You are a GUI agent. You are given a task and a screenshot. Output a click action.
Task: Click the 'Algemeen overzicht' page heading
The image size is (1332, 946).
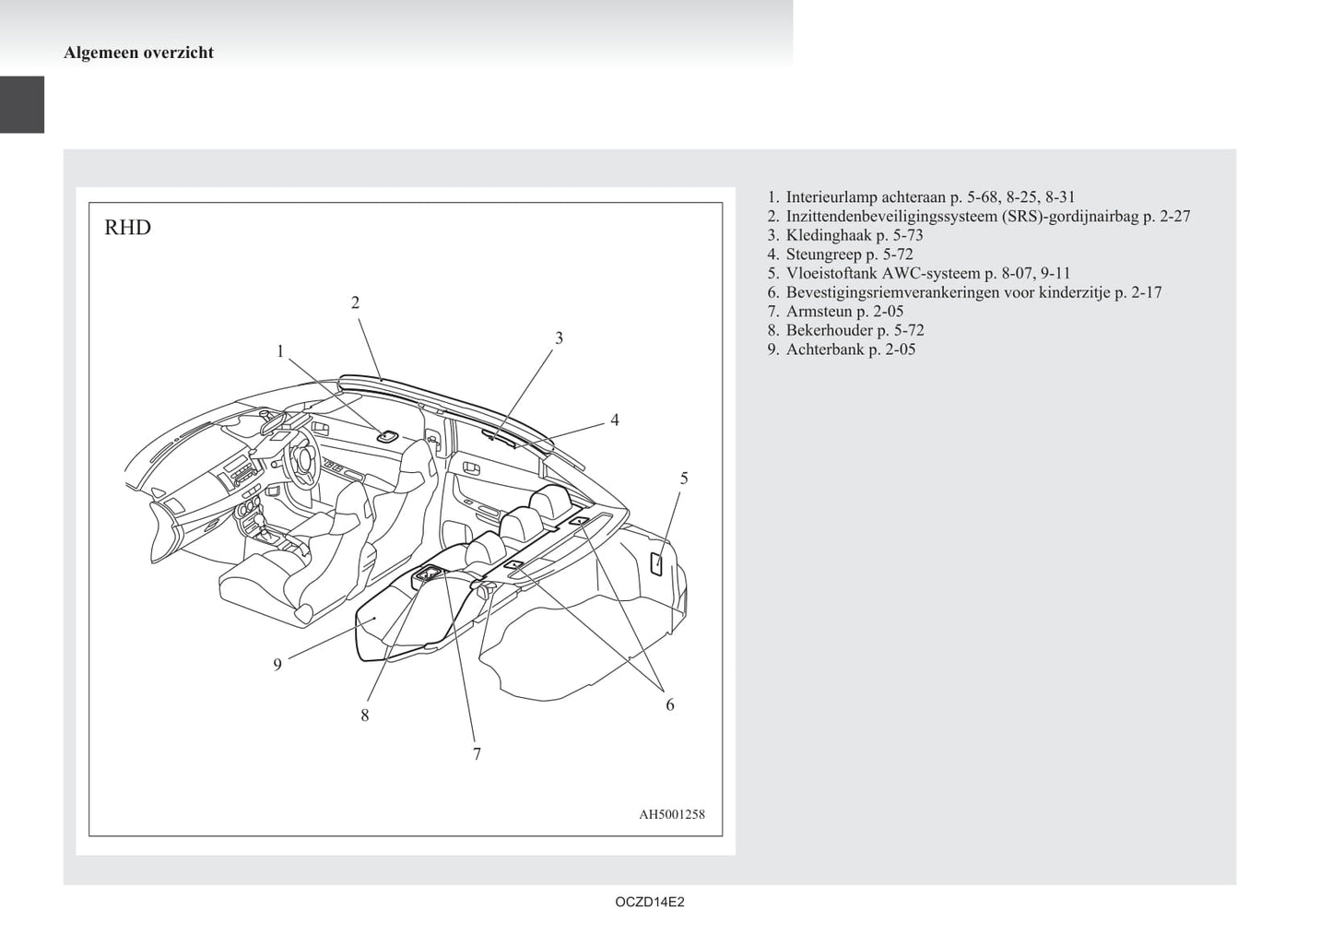click(x=138, y=53)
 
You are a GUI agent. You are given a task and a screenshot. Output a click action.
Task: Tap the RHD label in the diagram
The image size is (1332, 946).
click(x=128, y=227)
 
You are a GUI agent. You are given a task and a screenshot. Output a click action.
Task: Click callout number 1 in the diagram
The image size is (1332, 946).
click(x=280, y=351)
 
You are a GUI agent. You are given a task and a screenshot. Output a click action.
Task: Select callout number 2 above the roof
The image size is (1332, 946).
click(x=356, y=302)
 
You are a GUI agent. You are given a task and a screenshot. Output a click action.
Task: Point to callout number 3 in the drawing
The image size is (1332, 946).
click(x=559, y=338)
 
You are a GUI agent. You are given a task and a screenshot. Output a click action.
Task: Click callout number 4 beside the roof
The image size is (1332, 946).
click(x=615, y=420)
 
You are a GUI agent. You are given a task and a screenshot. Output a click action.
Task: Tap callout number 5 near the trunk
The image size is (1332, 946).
click(x=684, y=478)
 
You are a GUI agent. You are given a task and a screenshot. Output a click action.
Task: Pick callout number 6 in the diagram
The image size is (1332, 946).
click(x=670, y=704)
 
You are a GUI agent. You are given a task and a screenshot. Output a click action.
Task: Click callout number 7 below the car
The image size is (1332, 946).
click(x=477, y=754)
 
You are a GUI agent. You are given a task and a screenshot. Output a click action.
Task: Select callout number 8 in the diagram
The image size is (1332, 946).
click(x=365, y=715)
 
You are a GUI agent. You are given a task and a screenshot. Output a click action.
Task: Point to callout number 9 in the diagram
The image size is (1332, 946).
click(x=277, y=665)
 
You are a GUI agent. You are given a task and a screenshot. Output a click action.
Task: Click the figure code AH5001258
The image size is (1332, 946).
click(x=672, y=814)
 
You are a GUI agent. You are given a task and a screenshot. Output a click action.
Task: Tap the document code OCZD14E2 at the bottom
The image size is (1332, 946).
click(x=650, y=902)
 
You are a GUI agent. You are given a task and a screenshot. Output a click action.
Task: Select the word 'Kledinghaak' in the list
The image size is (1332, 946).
click(x=829, y=235)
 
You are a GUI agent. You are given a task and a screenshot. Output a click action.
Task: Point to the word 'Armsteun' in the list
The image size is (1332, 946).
click(x=819, y=311)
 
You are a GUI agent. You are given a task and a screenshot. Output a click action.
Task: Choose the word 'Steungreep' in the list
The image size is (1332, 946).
click(x=824, y=254)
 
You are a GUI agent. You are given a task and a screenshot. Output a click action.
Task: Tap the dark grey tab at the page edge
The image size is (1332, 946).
click(x=22, y=105)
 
